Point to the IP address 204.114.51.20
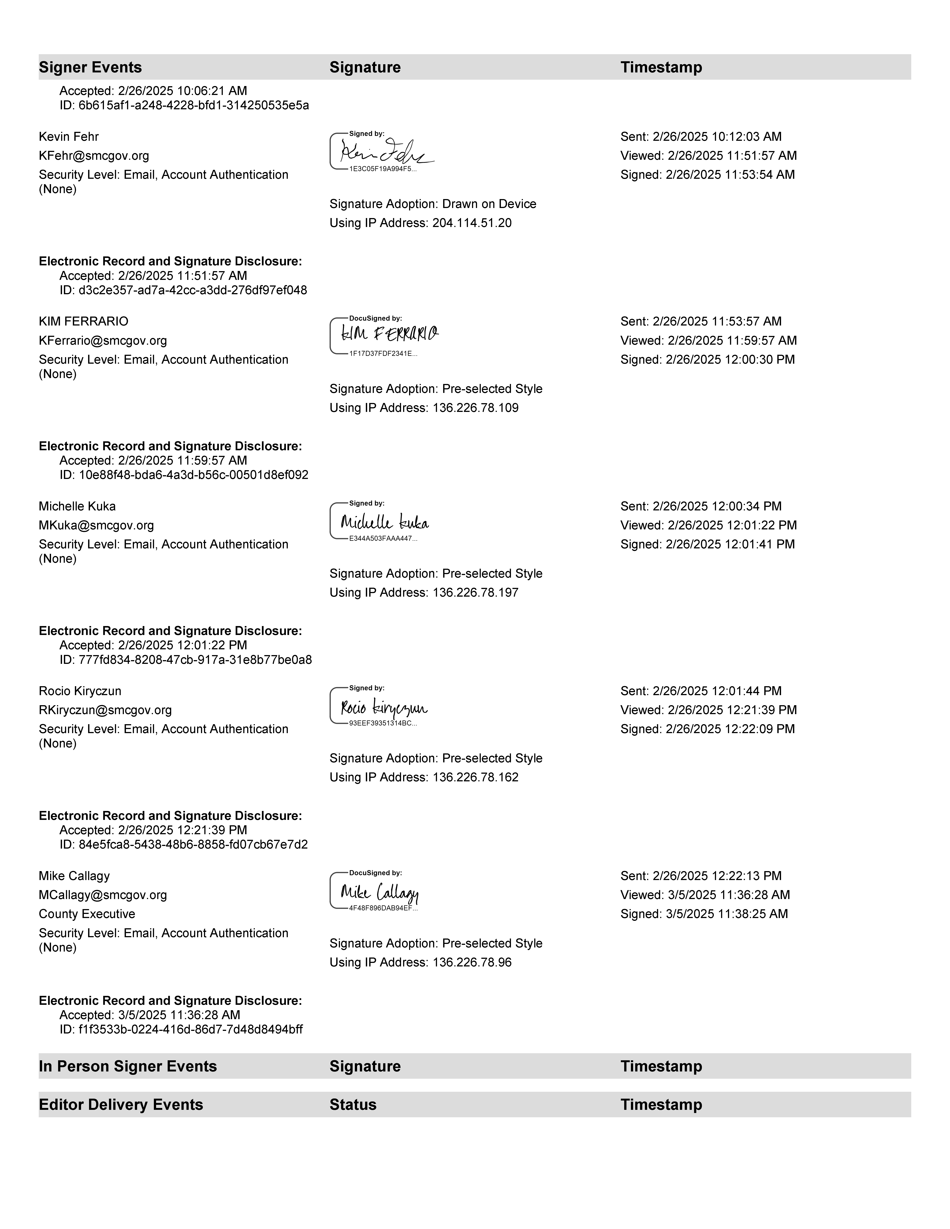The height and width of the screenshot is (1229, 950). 472,223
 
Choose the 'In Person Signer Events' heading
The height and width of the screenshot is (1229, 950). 128,1066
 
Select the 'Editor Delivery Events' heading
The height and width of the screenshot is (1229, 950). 121,1105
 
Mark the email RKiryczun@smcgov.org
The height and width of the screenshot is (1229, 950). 105,710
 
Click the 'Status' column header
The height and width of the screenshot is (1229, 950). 353,1105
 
